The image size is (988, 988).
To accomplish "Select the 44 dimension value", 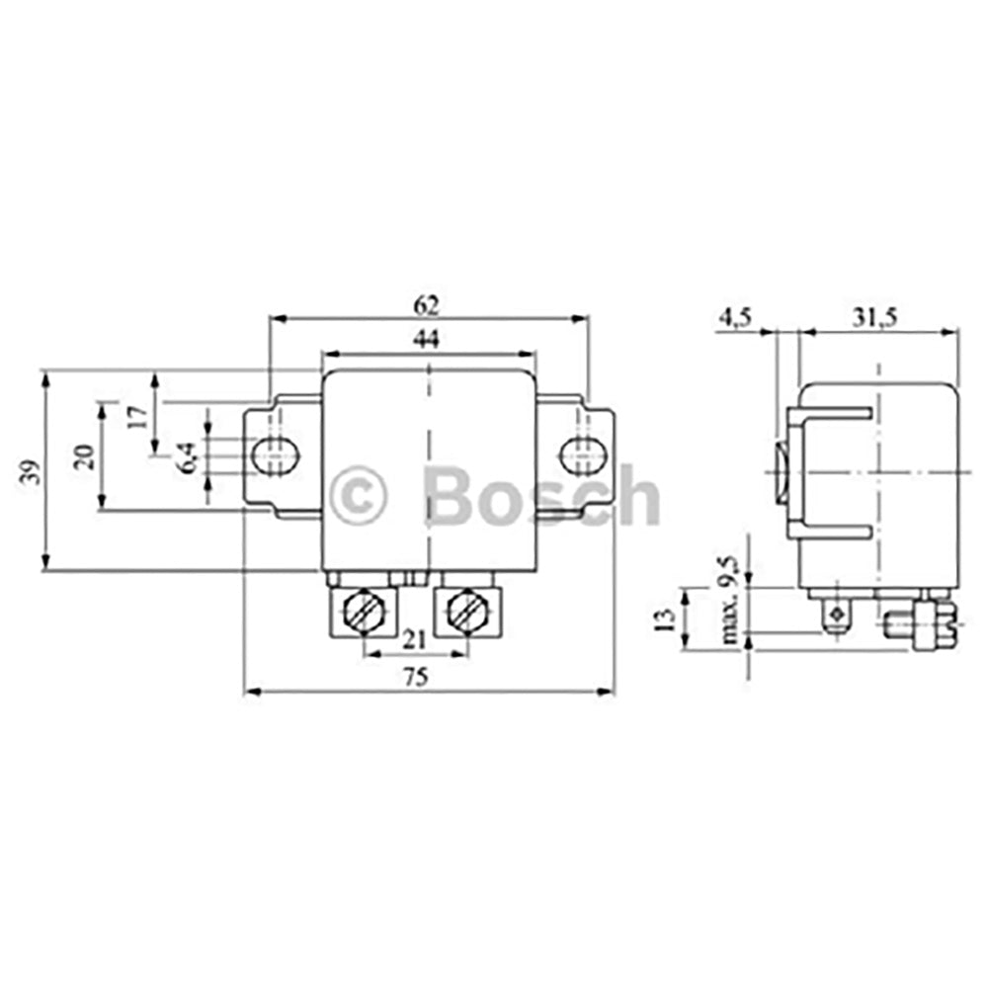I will (427, 339).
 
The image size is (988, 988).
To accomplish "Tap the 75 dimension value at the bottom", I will (417, 677).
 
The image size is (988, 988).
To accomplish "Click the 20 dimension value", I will (85, 455).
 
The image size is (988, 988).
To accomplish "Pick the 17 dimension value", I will (139, 414).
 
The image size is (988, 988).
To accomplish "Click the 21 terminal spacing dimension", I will (415, 639).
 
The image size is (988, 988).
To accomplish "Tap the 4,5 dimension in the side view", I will (736, 317).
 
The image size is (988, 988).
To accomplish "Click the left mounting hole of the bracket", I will (276, 455).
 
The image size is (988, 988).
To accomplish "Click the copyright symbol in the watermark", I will (359, 496).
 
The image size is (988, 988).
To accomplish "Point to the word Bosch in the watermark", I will (540, 496).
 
